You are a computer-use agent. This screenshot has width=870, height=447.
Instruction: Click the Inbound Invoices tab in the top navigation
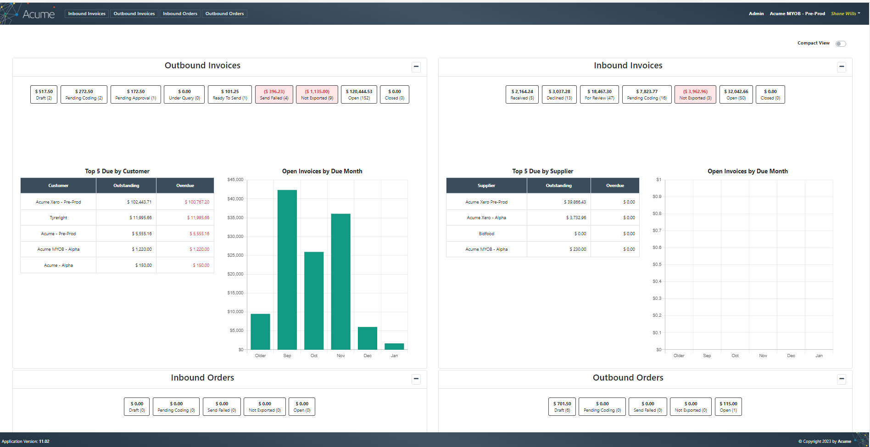(x=87, y=14)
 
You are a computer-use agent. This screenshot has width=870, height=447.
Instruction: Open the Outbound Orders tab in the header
(x=224, y=14)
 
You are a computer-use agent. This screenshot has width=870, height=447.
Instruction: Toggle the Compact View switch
(x=841, y=44)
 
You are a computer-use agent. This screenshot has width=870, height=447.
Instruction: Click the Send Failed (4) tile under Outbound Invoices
(x=274, y=94)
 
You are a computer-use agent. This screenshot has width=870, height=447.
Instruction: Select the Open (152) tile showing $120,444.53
(x=359, y=94)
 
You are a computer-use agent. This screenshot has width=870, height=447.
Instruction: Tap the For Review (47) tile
(x=599, y=94)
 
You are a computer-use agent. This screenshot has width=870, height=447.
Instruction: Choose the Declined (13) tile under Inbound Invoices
(x=559, y=94)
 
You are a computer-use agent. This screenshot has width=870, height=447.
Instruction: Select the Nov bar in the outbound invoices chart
(x=340, y=281)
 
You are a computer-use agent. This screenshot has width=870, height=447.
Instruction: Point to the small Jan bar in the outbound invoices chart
(x=394, y=347)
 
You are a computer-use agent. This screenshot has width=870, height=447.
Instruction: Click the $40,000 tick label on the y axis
(x=235, y=199)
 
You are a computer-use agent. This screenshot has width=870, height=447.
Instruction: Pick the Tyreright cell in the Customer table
(x=58, y=218)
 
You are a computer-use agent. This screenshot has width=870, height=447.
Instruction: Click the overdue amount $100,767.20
(x=197, y=202)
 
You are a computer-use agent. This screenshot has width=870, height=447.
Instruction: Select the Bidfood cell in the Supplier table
(x=486, y=234)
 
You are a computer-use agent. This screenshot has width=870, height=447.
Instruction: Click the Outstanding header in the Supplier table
(x=558, y=186)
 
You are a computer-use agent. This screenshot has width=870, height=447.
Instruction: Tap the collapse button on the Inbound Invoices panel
(x=842, y=66)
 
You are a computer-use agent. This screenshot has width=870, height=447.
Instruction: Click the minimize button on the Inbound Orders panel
(x=416, y=379)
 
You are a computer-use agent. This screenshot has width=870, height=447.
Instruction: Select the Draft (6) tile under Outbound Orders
(x=562, y=407)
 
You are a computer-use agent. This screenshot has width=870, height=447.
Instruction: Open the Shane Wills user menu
(x=845, y=14)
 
